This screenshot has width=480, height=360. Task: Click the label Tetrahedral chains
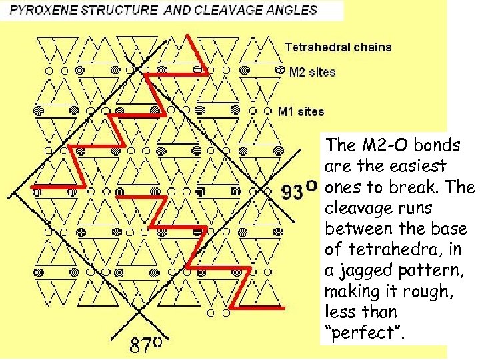338,47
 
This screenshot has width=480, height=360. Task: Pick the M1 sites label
301,111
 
